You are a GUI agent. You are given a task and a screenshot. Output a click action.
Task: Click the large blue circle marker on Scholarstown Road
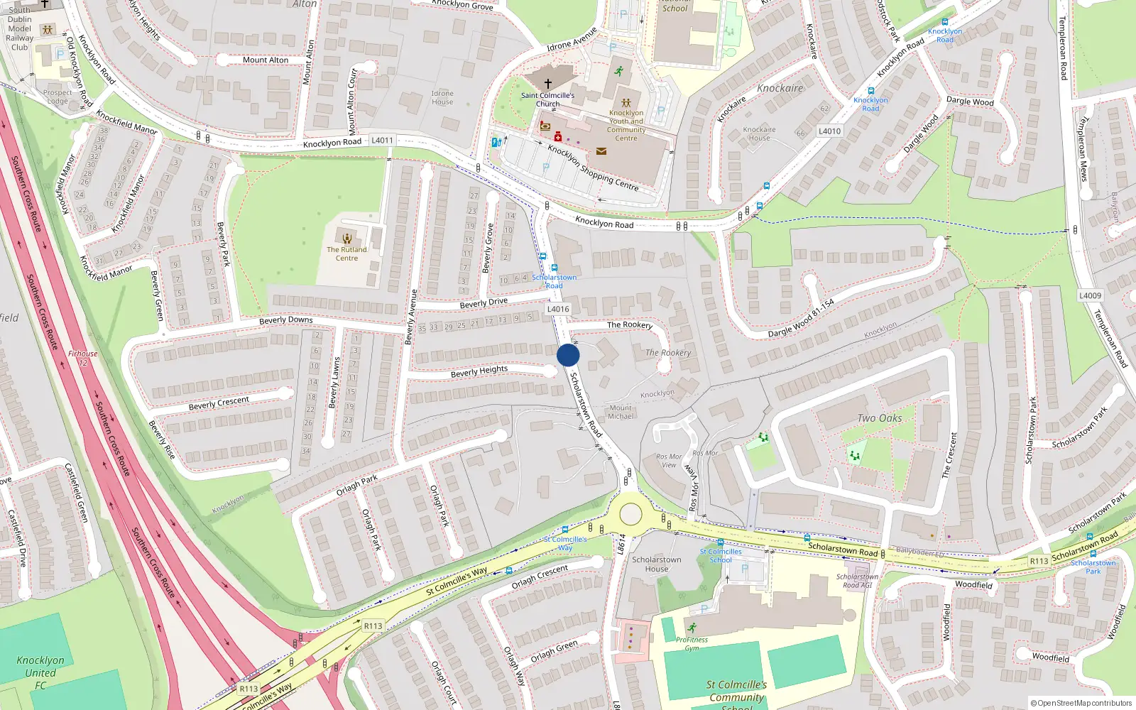coord(568,355)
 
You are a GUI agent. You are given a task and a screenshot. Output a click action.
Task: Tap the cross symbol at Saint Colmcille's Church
coord(547,84)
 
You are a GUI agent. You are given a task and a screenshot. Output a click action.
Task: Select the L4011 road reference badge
coord(382,140)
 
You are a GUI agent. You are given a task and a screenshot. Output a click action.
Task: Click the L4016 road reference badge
coord(558,309)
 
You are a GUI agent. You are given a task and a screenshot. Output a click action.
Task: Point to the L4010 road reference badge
coord(829,131)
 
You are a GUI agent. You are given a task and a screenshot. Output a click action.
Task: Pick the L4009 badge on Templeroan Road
coord(1090,295)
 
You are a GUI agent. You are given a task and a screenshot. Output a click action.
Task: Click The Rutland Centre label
coord(346,253)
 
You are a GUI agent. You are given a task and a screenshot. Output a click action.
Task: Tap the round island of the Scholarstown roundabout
coord(630,514)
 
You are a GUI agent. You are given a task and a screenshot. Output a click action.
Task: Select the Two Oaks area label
coord(879,418)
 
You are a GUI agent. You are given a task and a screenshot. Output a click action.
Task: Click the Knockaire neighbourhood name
coord(780,89)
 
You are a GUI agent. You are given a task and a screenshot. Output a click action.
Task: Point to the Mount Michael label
coord(621,412)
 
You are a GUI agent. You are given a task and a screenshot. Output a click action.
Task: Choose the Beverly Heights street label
coord(479,371)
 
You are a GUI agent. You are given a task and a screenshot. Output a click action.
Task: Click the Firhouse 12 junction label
coord(83,358)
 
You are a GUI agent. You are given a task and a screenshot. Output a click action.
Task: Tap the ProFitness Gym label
coord(692,643)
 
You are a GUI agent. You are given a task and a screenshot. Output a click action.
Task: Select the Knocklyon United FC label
coord(40,672)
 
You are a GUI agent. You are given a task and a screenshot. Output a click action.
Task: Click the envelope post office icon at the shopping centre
coord(601,151)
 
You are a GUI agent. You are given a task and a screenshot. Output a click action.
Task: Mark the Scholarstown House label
coord(657,564)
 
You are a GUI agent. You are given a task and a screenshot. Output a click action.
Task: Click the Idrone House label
coord(442,97)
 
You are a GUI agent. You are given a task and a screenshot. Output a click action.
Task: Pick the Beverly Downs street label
coord(285,320)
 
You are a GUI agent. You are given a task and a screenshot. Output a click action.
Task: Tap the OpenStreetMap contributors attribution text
coord(1081,703)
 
